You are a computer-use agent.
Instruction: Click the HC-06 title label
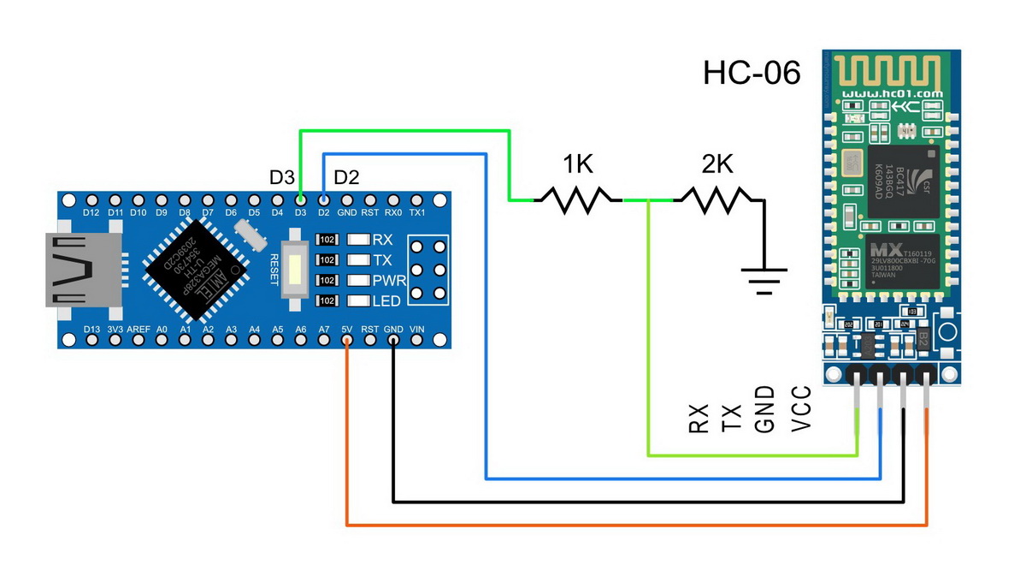click(x=752, y=73)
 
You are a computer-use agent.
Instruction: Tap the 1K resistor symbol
click(x=578, y=200)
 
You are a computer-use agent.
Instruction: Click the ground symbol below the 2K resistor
click(x=764, y=279)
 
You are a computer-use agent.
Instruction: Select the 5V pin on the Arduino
click(x=347, y=340)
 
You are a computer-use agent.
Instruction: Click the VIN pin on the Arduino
click(x=417, y=340)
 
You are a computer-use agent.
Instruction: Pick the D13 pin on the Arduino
click(x=91, y=340)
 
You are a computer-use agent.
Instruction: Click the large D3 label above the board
click(x=282, y=178)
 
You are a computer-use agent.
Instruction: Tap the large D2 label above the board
click(x=346, y=178)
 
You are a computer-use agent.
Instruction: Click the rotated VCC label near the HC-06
click(x=800, y=409)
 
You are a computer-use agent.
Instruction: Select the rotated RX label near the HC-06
click(x=699, y=420)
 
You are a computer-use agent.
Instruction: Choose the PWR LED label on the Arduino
click(x=386, y=280)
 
